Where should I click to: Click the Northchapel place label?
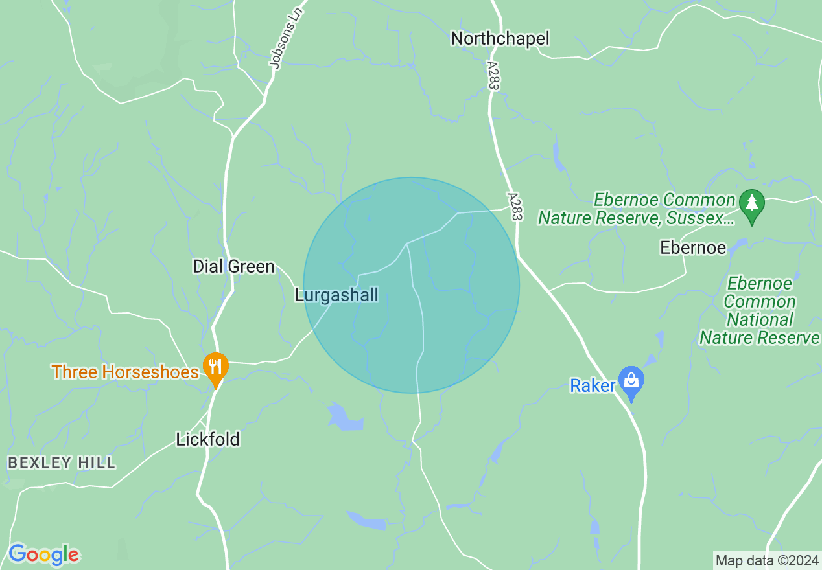point(500,39)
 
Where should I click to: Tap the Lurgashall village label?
point(336,295)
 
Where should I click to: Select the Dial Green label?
point(233,266)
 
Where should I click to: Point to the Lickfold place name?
point(207,439)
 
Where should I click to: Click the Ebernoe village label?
point(692,247)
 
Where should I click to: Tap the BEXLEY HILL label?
point(61,462)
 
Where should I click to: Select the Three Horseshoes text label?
point(124,372)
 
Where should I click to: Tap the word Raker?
point(592,386)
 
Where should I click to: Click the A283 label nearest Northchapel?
point(493,76)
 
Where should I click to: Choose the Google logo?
point(43,554)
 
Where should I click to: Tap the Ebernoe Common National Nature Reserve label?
point(759,310)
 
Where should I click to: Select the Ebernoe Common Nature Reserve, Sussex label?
point(637,209)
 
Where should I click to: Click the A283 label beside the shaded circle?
point(514,206)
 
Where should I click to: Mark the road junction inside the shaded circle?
point(407,244)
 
